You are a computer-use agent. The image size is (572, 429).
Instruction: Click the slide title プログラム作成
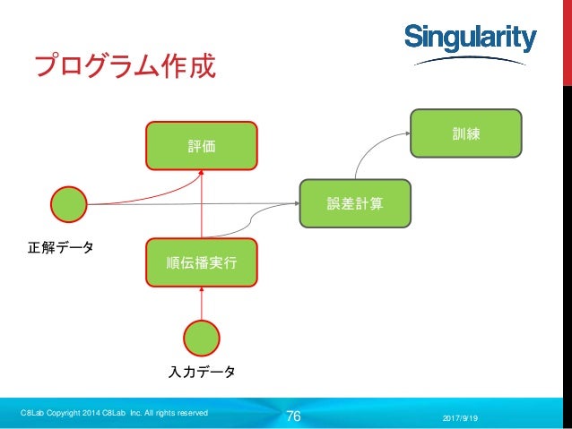pos(125,66)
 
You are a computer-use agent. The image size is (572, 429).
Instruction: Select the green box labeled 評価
pos(202,145)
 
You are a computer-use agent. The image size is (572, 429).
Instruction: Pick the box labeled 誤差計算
pos(355,203)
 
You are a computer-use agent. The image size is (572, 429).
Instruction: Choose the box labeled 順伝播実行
pos(202,262)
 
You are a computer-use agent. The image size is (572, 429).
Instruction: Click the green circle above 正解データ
pos(69,204)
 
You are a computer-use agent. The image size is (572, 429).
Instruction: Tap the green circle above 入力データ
pos(202,338)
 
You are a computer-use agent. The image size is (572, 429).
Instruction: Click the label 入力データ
pos(202,372)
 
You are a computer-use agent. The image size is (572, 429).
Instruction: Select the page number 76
pos(292,416)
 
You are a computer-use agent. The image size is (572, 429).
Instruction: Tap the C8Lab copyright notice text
pos(114,412)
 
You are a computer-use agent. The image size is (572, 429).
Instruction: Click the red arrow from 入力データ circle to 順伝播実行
pos(202,303)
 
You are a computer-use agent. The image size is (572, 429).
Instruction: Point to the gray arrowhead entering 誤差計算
pos(294,203)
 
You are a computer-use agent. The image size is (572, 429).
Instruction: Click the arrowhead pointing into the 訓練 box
pos(405,132)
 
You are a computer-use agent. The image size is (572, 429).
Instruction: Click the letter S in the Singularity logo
pos(412,39)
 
